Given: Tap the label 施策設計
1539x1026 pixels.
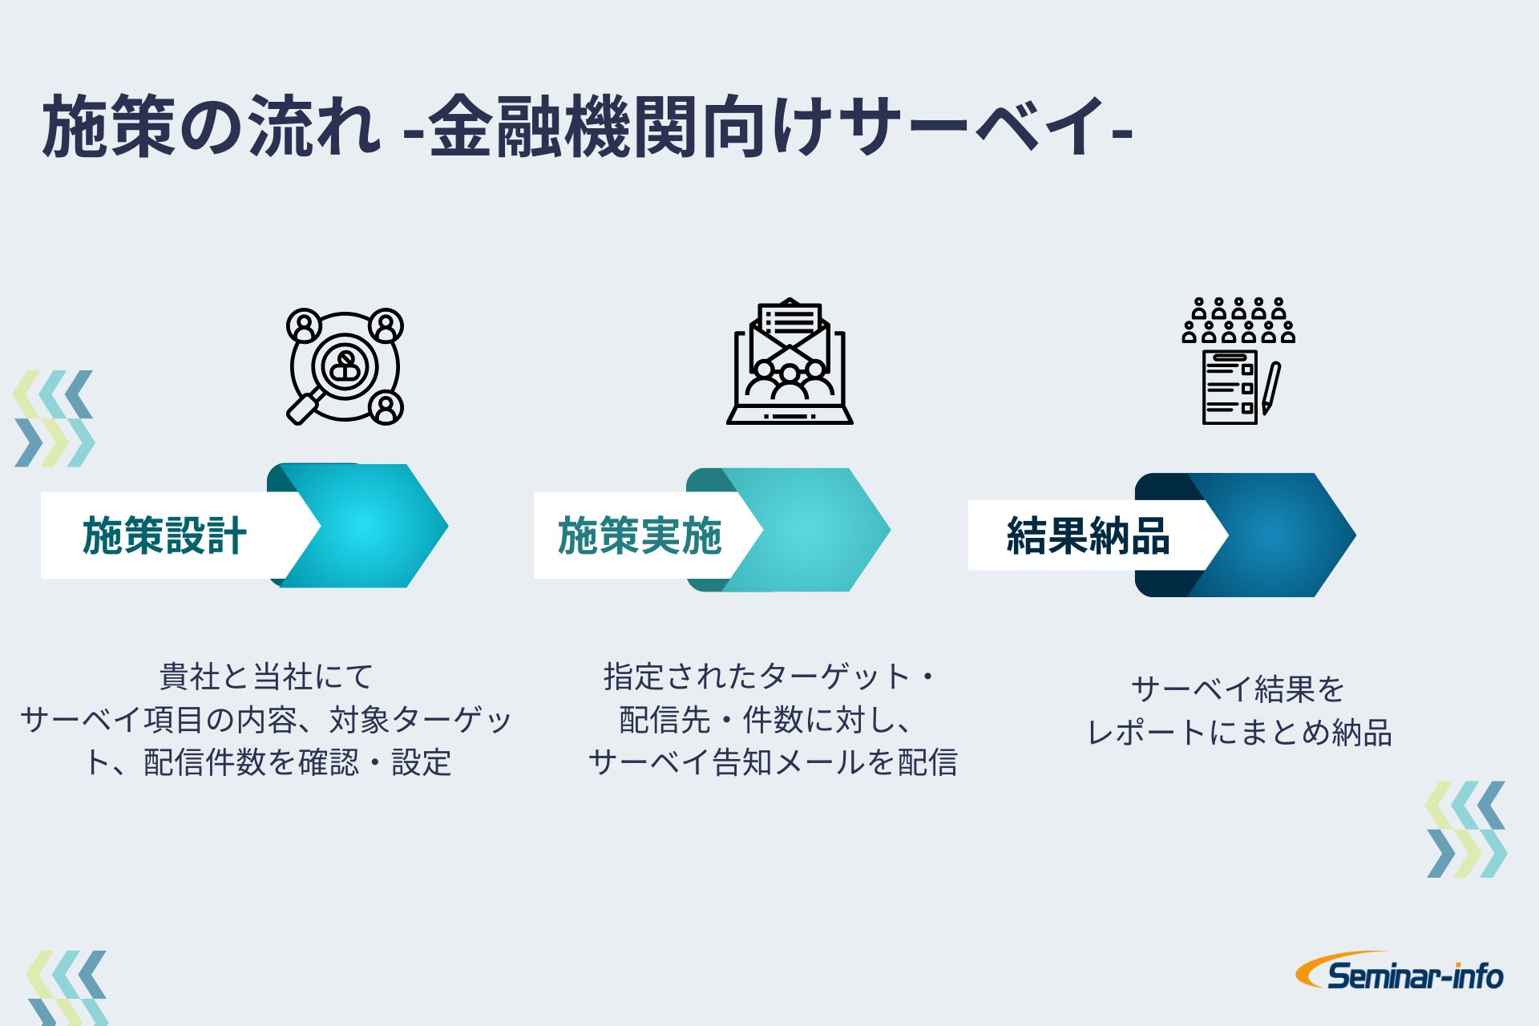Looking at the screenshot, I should (164, 535).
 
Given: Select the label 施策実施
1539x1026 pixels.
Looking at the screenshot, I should (640, 535).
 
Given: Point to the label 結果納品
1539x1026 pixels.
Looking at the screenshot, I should (1088, 535).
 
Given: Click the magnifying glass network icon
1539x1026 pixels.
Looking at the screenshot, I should (345, 366).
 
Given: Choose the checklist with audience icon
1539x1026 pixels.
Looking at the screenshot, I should (1238, 361).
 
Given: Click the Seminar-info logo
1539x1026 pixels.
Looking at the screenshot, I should (1400, 973).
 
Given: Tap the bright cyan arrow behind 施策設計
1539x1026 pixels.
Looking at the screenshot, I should (377, 526).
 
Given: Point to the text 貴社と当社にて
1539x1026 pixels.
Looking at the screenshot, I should (266, 677).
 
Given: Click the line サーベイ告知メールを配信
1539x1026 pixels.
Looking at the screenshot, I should (773, 761).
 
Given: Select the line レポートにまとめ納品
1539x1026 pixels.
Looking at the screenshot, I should (1239, 732).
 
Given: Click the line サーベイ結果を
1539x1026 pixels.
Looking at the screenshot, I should (1238, 689).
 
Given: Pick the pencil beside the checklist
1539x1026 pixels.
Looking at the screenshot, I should (1271, 388).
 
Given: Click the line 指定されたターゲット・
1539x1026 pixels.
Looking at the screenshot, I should (769, 677).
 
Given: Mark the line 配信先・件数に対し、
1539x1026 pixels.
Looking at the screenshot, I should (765, 719).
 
